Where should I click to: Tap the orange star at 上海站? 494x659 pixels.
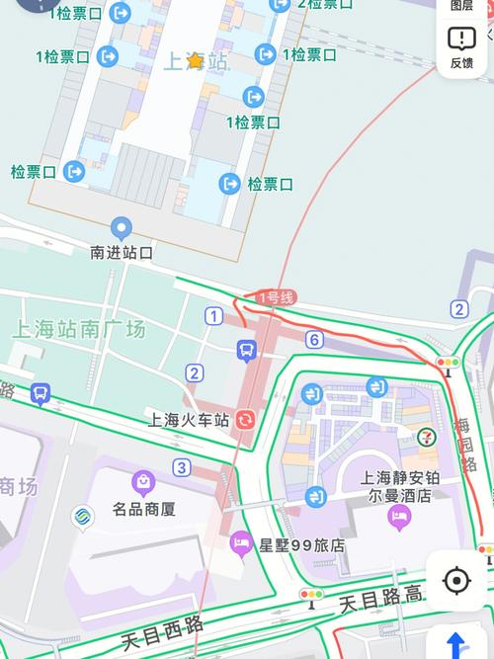coord(195,61)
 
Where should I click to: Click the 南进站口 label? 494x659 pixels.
coord(122,253)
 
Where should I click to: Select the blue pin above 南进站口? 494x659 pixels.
coord(122,228)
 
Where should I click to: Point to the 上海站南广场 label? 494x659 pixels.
coord(79,329)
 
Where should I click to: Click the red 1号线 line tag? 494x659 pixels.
coord(276,297)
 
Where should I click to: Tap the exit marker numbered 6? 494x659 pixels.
coord(314,340)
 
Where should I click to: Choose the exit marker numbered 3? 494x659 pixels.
coord(181,467)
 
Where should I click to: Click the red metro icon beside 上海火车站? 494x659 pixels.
coord(245,419)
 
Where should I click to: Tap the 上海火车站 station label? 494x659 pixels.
coord(188,420)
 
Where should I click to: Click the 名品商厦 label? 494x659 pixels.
coord(143,510)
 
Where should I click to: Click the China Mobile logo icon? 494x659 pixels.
coord(83,516)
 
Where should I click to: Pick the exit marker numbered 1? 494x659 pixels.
coord(214,316)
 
